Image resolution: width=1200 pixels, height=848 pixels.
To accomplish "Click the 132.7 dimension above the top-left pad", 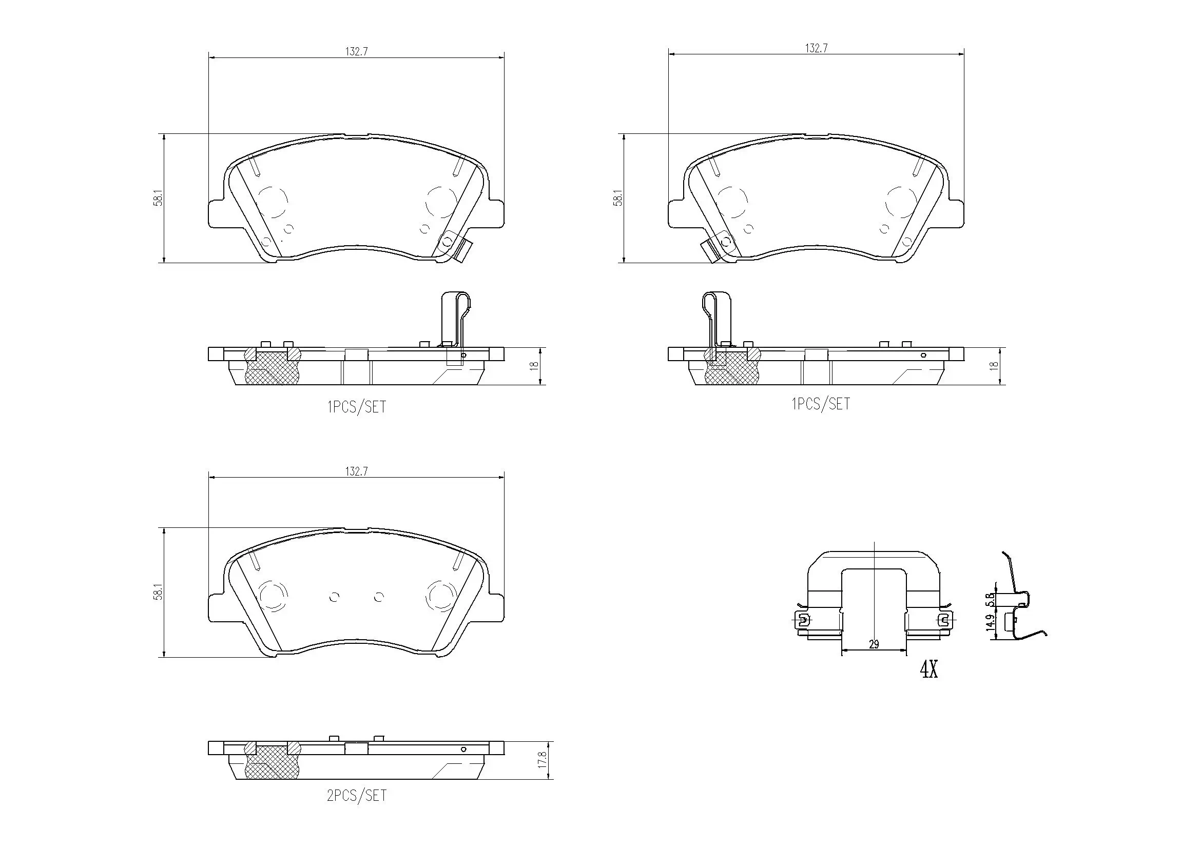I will coord(356,51).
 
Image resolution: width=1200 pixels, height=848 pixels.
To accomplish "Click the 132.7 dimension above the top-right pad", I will coord(816,48).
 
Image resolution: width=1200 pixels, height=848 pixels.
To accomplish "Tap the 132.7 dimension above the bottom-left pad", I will coord(356,471).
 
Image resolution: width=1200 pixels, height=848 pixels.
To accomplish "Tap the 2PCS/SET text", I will coord(356,796).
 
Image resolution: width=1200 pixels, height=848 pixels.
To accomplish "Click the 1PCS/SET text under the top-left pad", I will coord(356,407).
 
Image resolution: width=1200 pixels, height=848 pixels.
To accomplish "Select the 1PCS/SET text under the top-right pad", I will coord(821,404).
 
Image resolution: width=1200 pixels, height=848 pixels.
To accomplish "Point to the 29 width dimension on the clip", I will coord(874,644).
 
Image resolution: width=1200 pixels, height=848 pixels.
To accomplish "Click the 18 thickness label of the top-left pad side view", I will coord(534,366).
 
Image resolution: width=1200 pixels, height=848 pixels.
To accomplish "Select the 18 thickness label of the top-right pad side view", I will coord(994,366).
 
